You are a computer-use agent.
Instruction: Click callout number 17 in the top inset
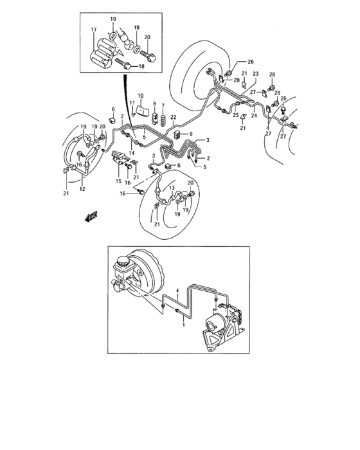point(93,30)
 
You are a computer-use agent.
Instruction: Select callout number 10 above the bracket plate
point(139,96)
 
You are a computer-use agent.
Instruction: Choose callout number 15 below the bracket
point(118,182)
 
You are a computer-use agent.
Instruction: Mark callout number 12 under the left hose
point(82,190)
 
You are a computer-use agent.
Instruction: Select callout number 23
point(255,74)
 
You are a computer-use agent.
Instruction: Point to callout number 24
point(253,116)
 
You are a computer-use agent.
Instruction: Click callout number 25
point(235,116)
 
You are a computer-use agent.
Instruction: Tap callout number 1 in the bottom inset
point(183,325)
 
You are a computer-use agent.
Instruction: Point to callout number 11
point(131,103)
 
